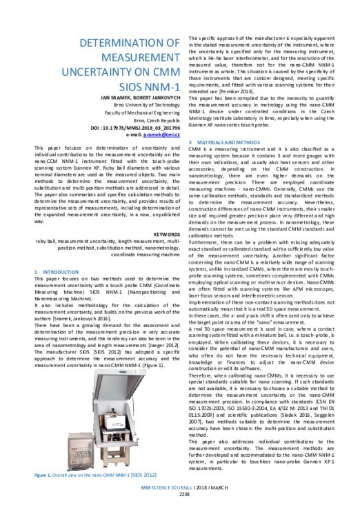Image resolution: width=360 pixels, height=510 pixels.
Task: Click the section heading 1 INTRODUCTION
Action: tap(59, 272)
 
